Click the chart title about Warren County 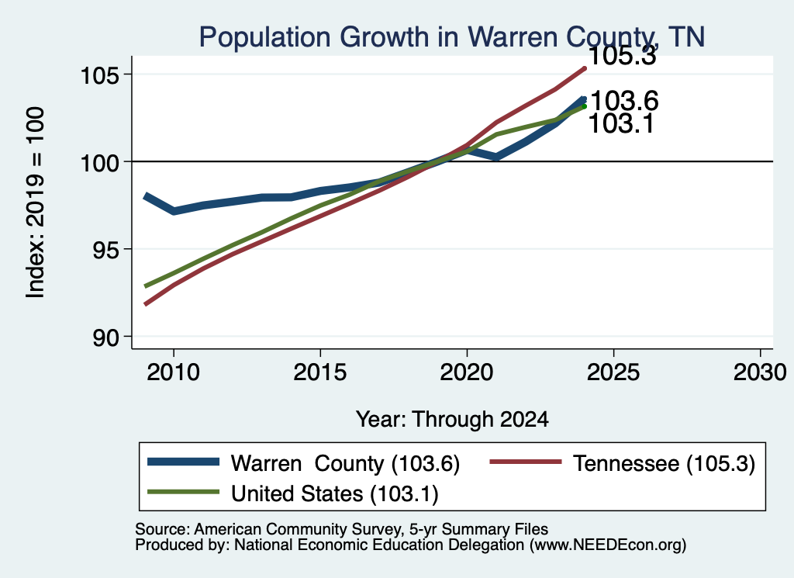pyautogui.click(x=452, y=37)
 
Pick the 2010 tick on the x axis pyautogui.click(x=173, y=372)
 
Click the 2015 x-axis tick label pyautogui.click(x=320, y=372)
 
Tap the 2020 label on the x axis pyautogui.click(x=466, y=372)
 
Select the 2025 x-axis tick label pyautogui.click(x=613, y=372)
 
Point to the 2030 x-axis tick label pyautogui.click(x=760, y=372)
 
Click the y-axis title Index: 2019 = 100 pyautogui.click(x=35, y=202)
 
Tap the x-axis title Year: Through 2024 pyautogui.click(x=452, y=420)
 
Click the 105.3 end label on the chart pyautogui.click(x=623, y=55)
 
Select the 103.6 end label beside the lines pyautogui.click(x=624, y=100)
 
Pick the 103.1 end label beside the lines pyautogui.click(x=621, y=123)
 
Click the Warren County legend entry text pyautogui.click(x=345, y=463)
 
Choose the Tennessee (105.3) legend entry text pyautogui.click(x=664, y=463)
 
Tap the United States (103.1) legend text pyautogui.click(x=335, y=494)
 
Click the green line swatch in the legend pyautogui.click(x=183, y=492)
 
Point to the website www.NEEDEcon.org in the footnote pyautogui.click(x=608, y=545)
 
